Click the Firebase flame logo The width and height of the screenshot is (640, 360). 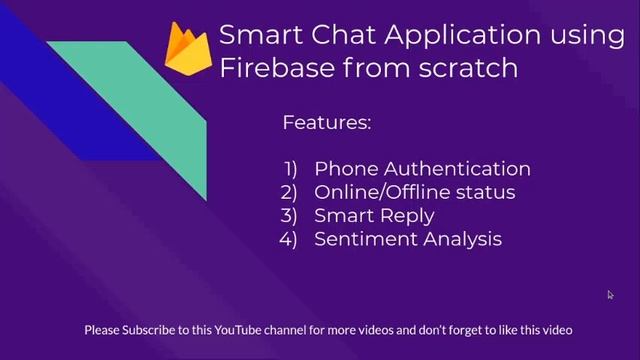point(187,51)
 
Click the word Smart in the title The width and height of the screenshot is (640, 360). point(256,36)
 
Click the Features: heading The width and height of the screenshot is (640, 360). point(327,123)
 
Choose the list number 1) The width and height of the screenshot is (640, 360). point(291,169)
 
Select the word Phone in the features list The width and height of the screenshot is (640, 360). point(342,169)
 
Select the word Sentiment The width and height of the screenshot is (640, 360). point(364,239)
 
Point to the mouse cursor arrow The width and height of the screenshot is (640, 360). point(610,294)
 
